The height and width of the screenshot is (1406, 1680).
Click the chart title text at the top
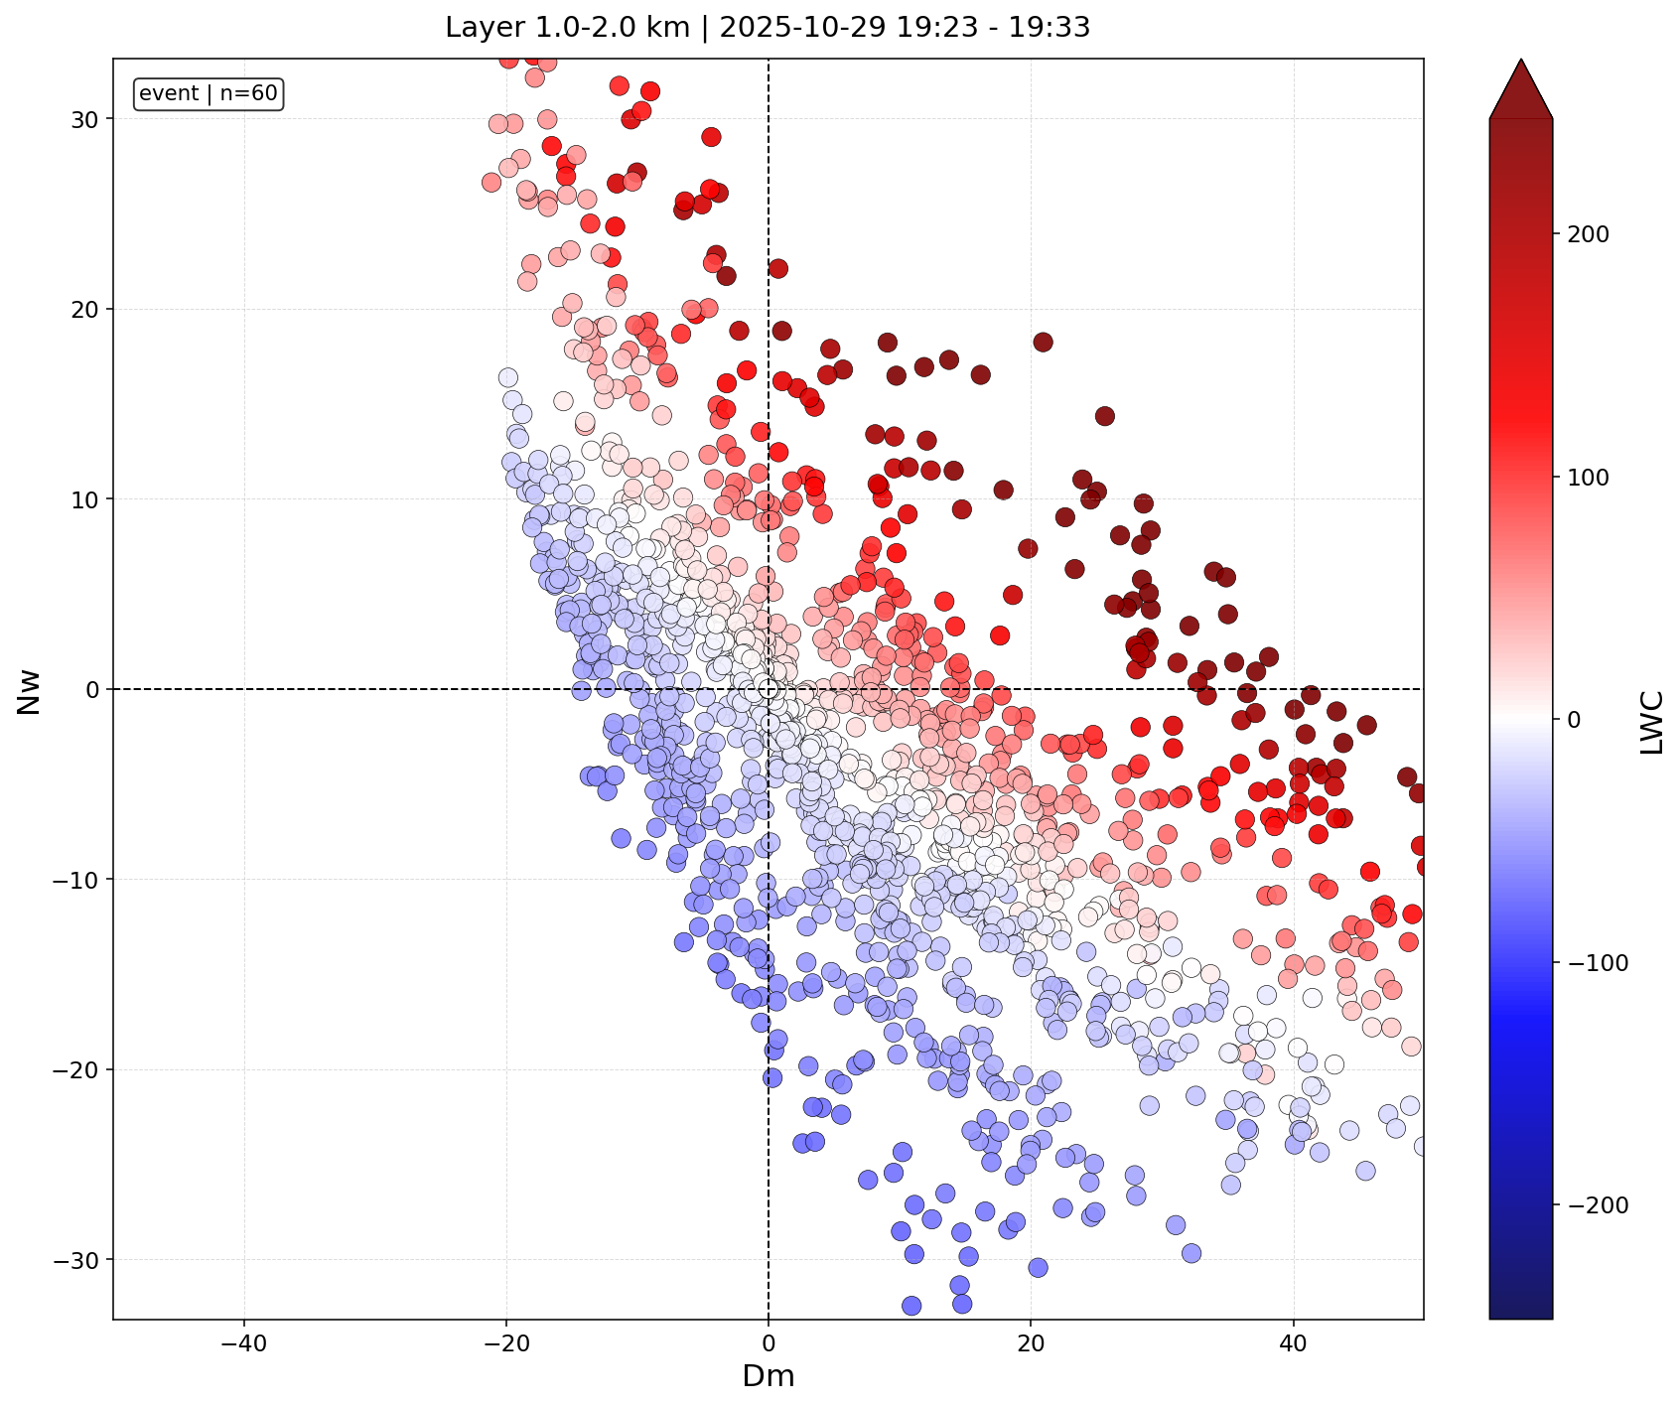coord(768,28)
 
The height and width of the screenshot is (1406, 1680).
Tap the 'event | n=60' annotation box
coord(210,94)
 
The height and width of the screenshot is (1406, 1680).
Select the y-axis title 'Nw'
coord(30,690)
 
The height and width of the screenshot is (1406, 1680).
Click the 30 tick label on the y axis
coord(85,119)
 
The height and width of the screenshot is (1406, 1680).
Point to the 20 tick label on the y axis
coord(85,309)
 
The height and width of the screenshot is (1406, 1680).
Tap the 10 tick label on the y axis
coord(85,499)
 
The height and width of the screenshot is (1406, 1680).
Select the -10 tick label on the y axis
coord(77,880)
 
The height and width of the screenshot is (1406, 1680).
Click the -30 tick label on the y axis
coord(77,1260)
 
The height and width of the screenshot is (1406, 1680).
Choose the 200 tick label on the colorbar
coord(1588,234)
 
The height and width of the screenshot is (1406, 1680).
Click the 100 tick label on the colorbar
coord(1588,478)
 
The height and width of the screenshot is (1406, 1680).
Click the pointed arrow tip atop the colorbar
coord(1521,59)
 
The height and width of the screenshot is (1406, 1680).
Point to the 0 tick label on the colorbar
coord(1573,720)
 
